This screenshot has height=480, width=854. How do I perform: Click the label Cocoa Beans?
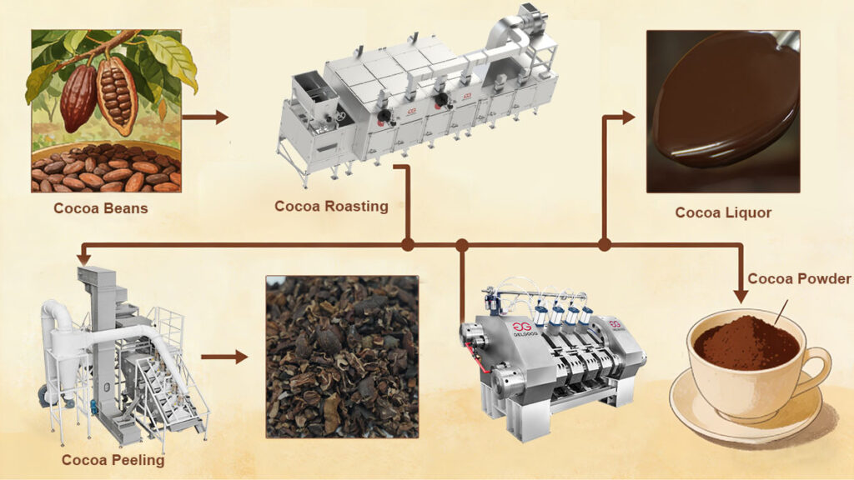101,208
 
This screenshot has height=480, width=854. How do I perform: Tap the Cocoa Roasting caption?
332,206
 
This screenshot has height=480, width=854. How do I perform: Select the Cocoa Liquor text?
723,212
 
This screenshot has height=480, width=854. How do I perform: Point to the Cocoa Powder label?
799,278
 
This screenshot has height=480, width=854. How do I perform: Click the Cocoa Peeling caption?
113,459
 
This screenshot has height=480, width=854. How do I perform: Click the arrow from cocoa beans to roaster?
205,117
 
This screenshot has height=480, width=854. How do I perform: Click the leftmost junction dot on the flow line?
408,245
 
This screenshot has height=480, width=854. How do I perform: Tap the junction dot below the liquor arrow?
605,245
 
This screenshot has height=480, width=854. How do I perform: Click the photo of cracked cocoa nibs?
342,357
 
